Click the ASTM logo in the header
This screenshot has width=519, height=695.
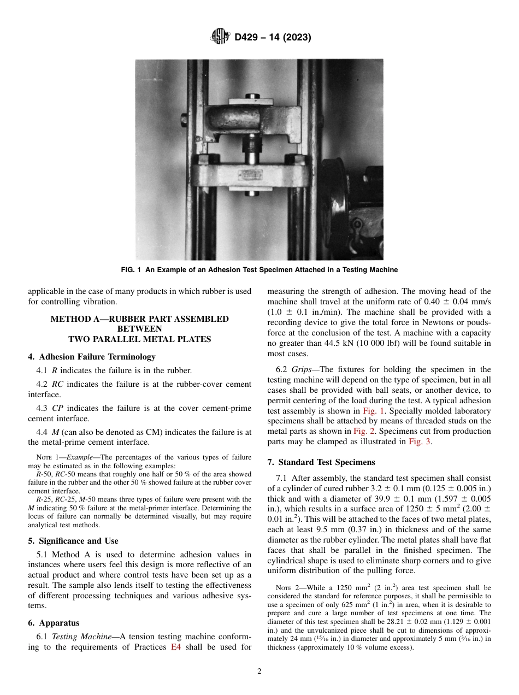221,37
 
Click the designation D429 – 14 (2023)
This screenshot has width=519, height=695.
273,38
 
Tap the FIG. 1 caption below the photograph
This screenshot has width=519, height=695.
259,270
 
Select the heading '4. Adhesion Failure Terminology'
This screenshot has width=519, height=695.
91,357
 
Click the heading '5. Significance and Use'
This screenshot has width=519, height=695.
73,541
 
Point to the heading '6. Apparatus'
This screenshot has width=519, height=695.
54,622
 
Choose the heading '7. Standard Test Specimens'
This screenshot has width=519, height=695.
321,446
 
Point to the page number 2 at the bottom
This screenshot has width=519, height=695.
259,672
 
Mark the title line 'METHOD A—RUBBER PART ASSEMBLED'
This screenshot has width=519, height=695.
139,319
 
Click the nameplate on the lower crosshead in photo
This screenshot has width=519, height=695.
251,175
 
